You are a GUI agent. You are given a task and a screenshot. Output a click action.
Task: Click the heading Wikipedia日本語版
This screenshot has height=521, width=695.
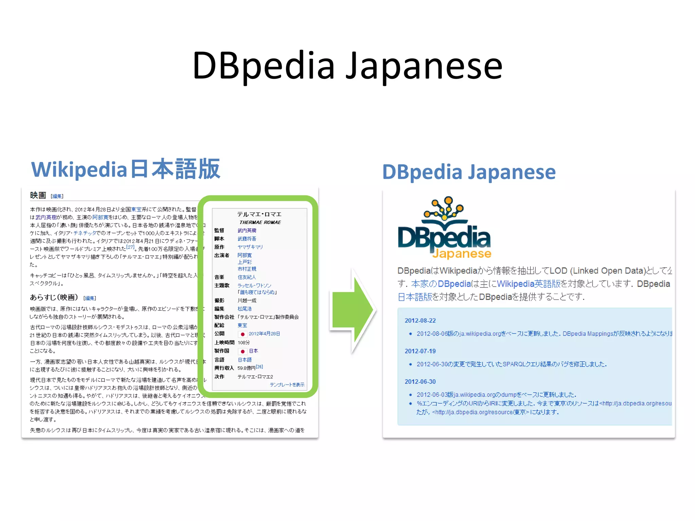tap(126, 169)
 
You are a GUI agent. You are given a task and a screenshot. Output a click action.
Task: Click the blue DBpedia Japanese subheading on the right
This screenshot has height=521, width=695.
tap(469, 172)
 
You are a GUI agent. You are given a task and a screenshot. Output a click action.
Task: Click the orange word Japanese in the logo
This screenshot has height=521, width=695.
tap(462, 254)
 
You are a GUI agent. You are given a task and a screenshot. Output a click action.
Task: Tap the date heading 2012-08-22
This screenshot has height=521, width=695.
tap(420, 321)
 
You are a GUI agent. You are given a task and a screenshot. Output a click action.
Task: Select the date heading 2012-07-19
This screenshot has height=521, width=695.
tap(420, 351)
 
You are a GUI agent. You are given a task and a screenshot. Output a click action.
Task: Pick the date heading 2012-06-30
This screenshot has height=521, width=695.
tap(420, 382)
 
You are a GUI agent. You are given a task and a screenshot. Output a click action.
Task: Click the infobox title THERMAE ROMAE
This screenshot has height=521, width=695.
tap(260, 223)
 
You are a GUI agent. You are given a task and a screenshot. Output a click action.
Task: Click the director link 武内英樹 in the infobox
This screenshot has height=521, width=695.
tap(247, 231)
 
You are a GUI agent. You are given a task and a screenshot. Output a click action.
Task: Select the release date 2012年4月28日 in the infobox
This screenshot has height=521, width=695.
tap(264, 334)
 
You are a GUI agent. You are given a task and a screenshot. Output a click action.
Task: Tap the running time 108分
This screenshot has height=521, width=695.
tap(244, 343)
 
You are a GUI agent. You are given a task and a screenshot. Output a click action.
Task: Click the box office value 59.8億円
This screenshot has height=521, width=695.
tap(246, 368)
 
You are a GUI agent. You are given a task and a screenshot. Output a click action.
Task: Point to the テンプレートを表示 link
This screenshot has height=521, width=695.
tap(287, 385)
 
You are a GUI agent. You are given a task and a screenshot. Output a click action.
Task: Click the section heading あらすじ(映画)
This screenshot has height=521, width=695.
tap(54, 297)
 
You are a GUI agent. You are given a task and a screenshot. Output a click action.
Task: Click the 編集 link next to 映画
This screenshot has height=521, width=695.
tap(57, 196)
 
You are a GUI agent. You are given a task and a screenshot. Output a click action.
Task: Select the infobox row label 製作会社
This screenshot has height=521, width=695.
tap(224, 317)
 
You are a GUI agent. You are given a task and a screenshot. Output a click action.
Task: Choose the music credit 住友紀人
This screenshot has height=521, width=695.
tap(247, 277)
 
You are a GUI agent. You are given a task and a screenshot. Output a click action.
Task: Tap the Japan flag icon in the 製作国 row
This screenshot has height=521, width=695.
tap(242, 351)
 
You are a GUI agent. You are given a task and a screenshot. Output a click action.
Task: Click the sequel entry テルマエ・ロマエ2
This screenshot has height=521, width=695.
tap(255, 377)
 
